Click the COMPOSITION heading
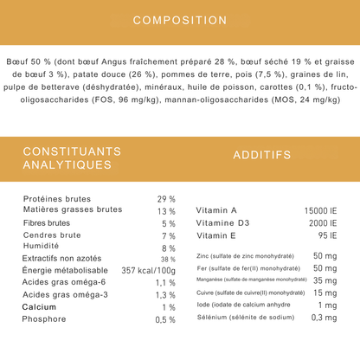click(180, 20)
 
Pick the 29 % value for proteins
click(166, 198)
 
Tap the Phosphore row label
click(43, 320)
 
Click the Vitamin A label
click(216, 210)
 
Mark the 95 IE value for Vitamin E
click(326, 235)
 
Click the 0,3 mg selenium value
click(324, 318)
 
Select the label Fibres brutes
click(49, 223)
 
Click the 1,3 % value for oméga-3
click(165, 295)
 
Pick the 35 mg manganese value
click(325, 281)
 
